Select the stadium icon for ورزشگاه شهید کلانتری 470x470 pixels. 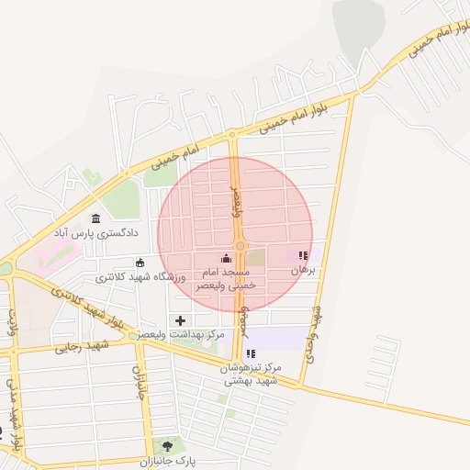coord(140,263)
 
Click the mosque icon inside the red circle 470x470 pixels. coord(227,259)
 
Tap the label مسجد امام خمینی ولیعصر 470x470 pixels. coord(226,279)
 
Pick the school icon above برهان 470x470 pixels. coord(303,256)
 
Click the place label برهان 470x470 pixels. coord(303,271)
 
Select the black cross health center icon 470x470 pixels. coord(180,320)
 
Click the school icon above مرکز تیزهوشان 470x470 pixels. coord(251,353)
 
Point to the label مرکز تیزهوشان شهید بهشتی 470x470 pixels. coord(250,374)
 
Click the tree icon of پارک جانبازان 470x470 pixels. coord(167,444)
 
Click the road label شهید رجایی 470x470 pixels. coord(82,345)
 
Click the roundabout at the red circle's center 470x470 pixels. coord(240,246)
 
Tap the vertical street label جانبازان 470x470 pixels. coord(140,386)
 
